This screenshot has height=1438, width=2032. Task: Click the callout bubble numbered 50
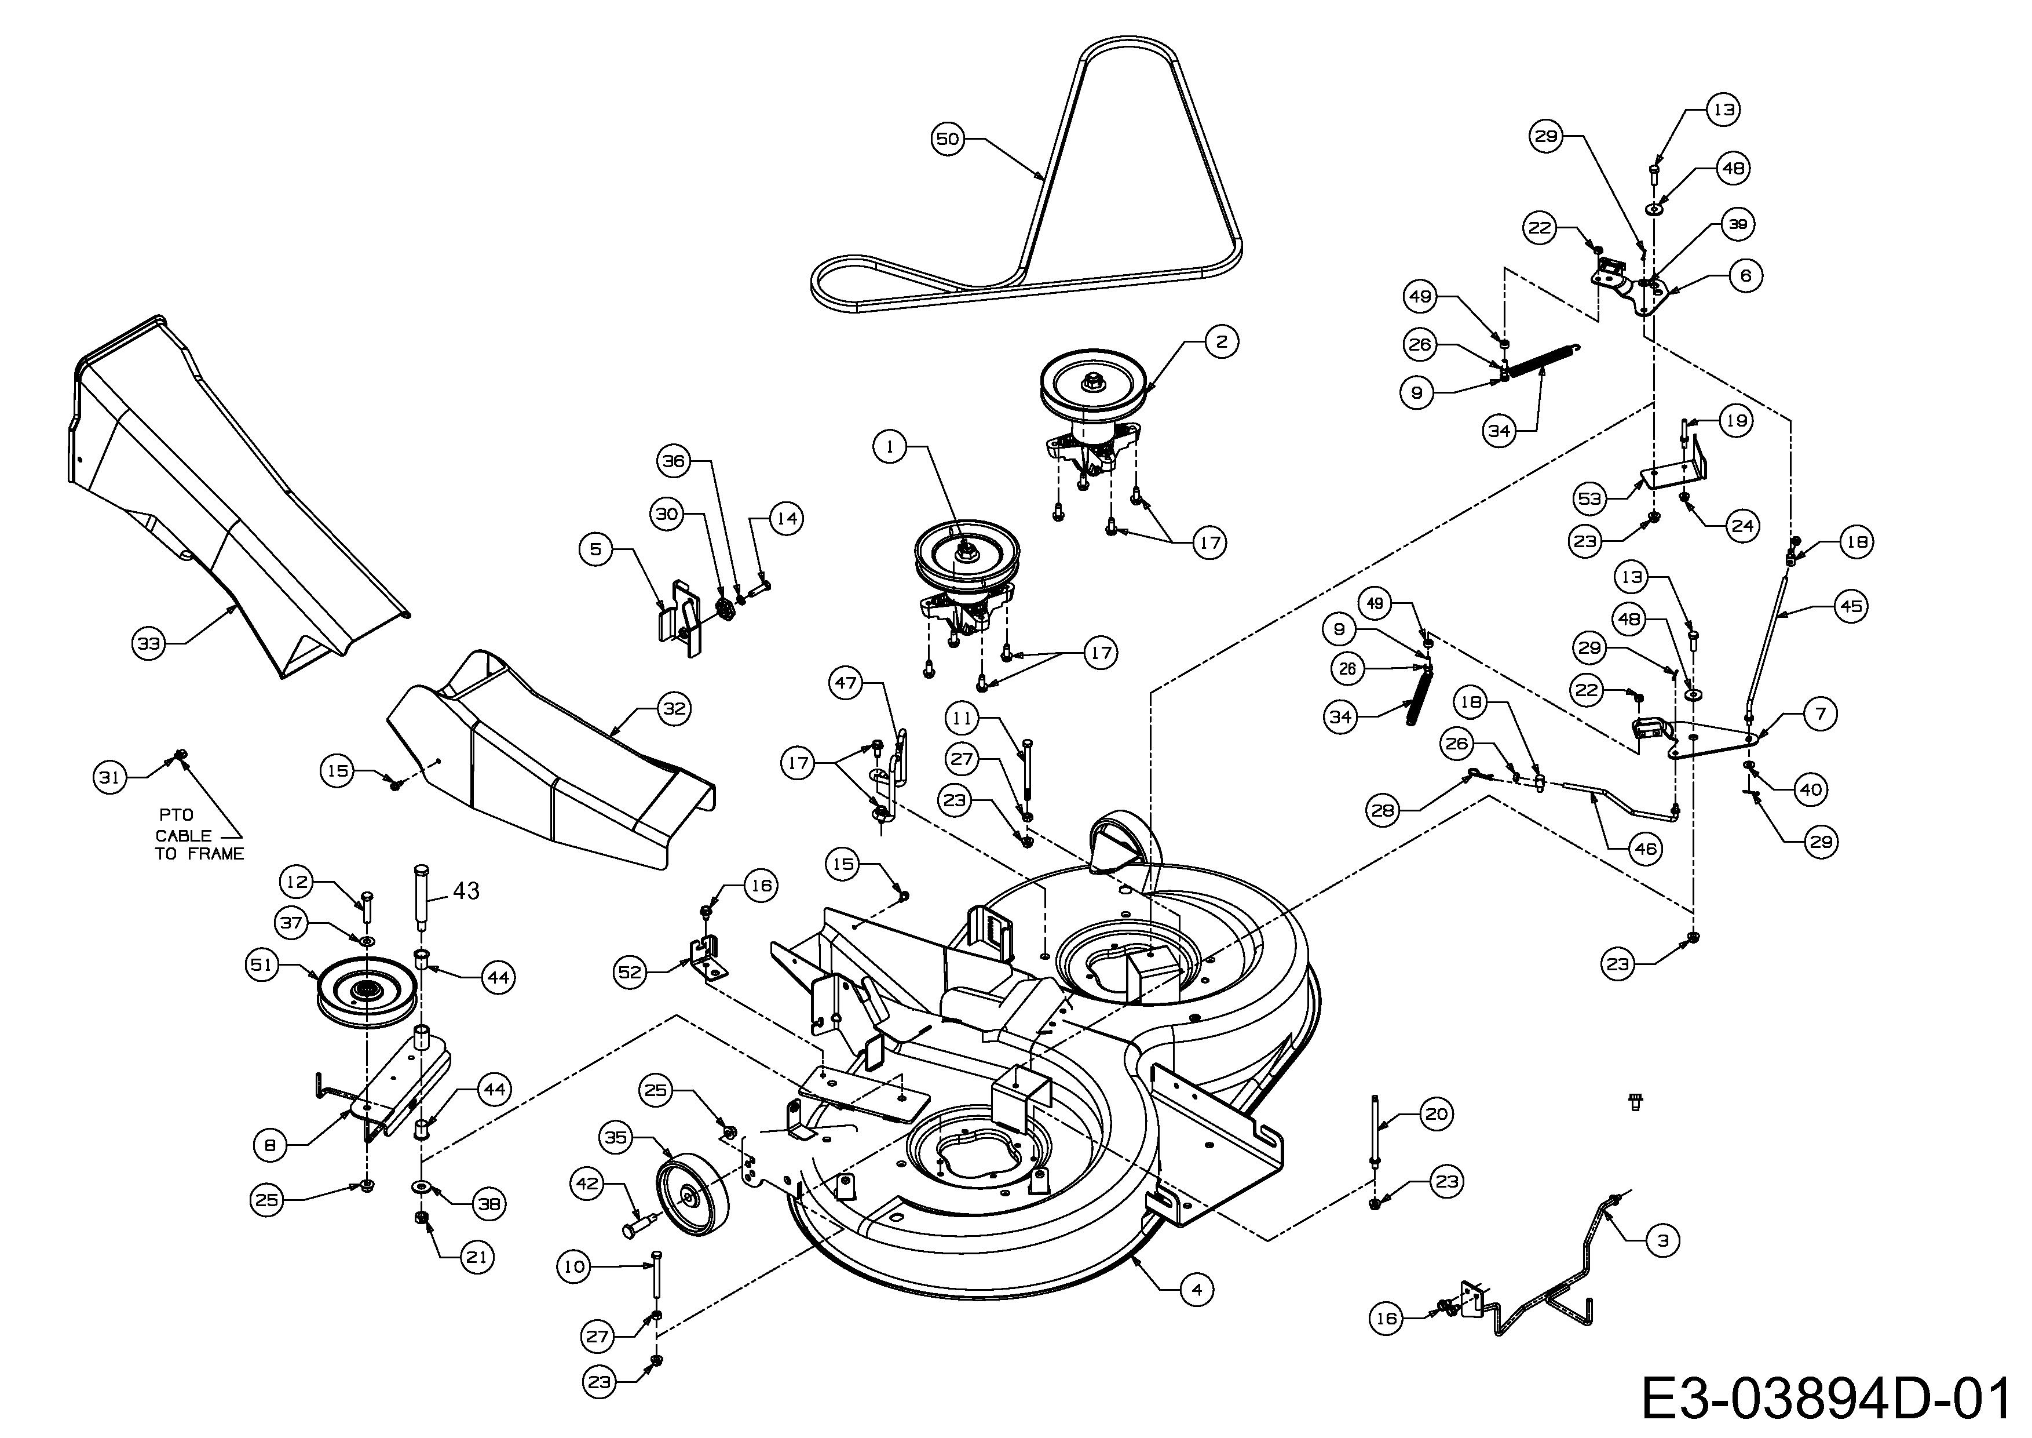pos(947,139)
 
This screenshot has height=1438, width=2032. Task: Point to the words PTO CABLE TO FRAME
pos(199,834)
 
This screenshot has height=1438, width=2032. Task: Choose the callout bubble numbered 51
pos(261,964)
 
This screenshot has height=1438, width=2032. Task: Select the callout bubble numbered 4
pos(1197,1290)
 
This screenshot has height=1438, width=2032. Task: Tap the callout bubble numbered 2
pos(1221,341)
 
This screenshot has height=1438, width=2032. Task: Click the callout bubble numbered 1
pos(890,447)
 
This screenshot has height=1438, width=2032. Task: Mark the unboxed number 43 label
pos(466,891)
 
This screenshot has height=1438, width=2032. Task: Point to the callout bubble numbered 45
pos(1851,606)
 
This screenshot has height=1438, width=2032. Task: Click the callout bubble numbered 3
pos(1663,1240)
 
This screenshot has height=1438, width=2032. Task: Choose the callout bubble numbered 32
pos(674,708)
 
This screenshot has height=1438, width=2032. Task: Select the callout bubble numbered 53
pos(1589,498)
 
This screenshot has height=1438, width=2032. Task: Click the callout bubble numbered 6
pos(1745,275)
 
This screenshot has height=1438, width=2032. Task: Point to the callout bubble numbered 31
pos(109,777)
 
